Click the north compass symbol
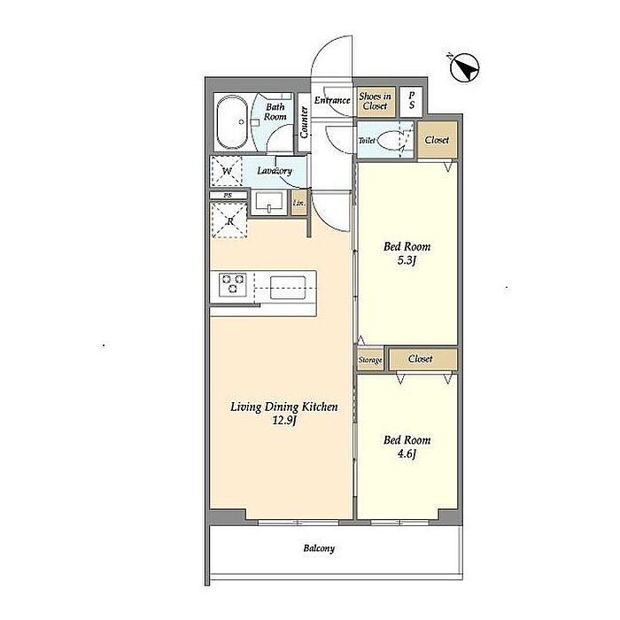click(465, 68)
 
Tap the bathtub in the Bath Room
click(232, 121)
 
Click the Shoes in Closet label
click(375, 101)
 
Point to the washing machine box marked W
click(227, 171)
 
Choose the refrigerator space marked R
click(229, 220)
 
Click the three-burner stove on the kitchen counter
click(233, 285)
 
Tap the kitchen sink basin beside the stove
click(288, 288)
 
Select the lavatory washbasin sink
click(269, 203)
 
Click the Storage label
click(370, 360)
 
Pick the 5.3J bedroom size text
click(407, 261)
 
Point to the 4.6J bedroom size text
click(407, 453)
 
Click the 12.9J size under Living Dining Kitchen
click(284, 420)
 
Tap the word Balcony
click(319, 548)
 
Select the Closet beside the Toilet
click(438, 140)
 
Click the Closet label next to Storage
click(420, 359)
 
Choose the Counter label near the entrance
click(304, 122)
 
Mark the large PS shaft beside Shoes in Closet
click(411, 101)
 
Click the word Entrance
click(332, 100)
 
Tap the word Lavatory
click(275, 171)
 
